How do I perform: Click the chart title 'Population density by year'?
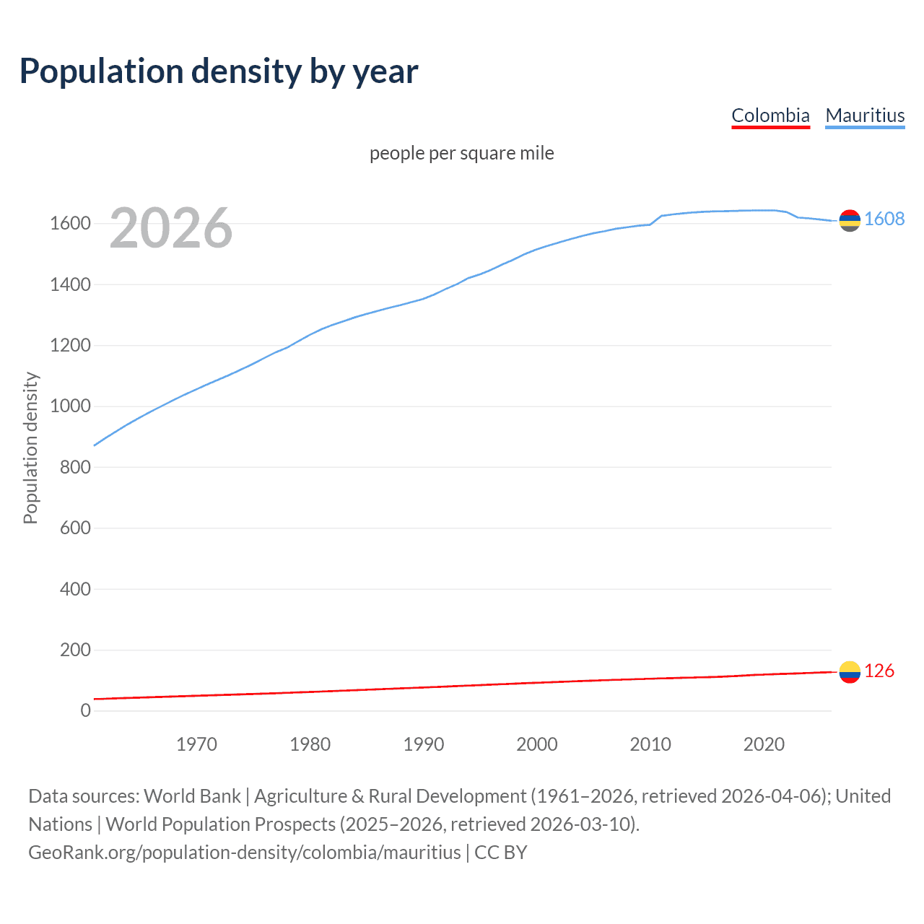point(219,71)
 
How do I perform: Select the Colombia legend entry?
point(770,115)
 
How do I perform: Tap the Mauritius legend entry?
point(865,115)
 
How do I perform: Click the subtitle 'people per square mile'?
point(462,153)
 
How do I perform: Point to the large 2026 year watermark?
point(171,228)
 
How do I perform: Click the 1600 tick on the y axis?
point(70,224)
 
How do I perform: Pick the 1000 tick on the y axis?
point(70,406)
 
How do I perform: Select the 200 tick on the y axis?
point(75,650)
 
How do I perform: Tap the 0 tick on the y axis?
point(85,710)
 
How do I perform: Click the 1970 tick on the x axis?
point(196,744)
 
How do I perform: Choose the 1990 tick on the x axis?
point(424,744)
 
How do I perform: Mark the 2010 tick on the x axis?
point(650,744)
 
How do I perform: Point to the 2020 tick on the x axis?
point(764,744)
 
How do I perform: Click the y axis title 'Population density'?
point(30,448)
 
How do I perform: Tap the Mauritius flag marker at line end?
point(850,221)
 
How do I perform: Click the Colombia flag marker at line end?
point(850,672)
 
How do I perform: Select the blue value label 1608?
point(884,219)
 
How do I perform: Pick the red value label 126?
point(879,671)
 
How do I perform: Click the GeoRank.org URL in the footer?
point(244,853)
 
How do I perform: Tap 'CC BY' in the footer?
point(501,853)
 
